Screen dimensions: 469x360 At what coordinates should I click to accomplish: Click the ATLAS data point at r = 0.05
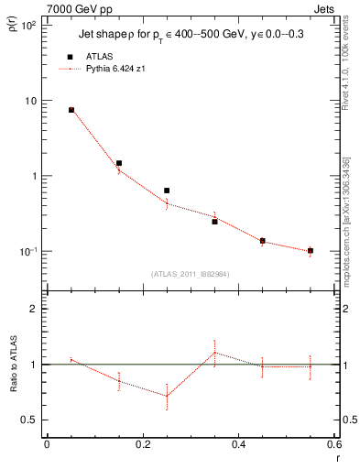coord(71,110)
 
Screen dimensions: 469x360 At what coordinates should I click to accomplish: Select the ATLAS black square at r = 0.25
coord(167,191)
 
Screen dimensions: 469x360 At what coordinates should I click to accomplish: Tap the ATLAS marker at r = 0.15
coord(119,163)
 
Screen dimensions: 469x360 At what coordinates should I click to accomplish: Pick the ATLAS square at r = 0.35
coord(214,222)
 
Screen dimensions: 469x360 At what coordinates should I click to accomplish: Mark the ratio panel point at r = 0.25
coord(167,396)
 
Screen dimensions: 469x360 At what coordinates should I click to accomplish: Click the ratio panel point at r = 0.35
coord(214,352)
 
